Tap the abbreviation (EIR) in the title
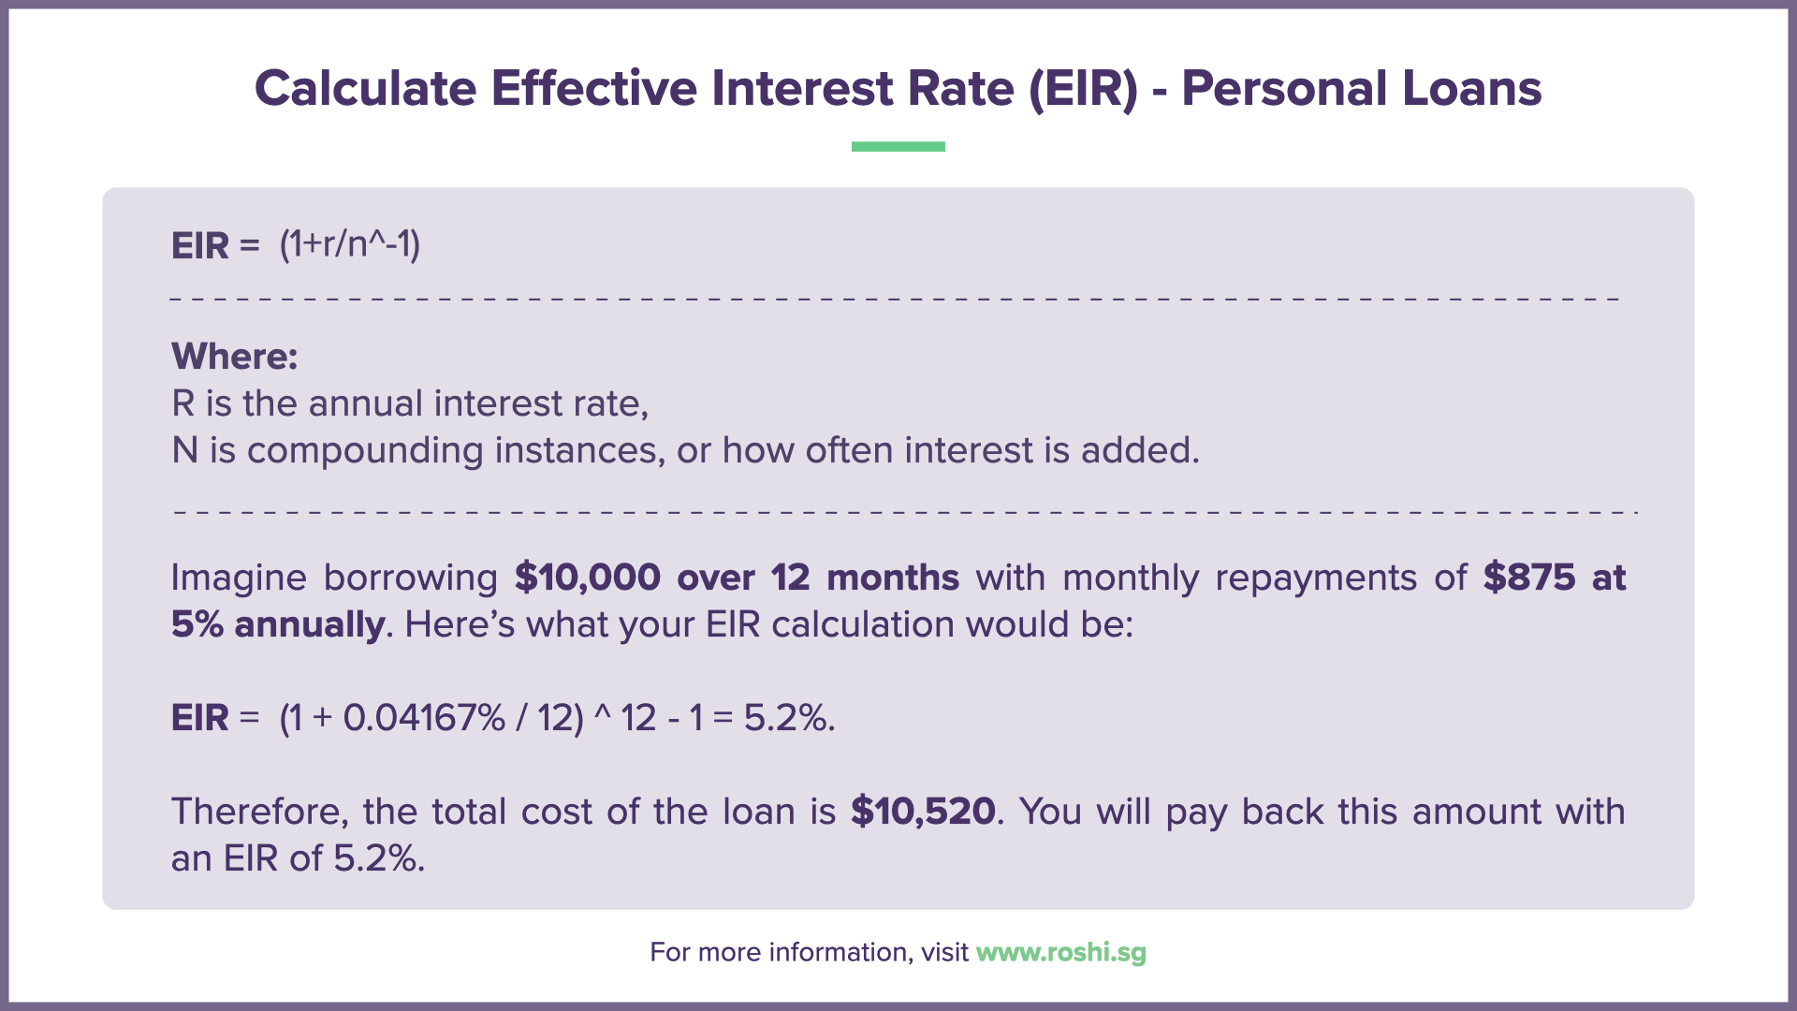pos(1083,89)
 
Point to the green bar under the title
pos(898,146)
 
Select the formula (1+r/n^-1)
pos(350,244)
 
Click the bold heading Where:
pos(235,357)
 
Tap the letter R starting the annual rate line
pos(183,403)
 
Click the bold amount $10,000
pos(588,578)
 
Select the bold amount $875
pos(1529,578)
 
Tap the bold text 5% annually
pos(278,624)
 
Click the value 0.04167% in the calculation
pos(424,718)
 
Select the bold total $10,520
pos(923,812)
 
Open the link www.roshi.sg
pos(1060,952)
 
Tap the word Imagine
pos(239,578)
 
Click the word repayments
pos(1316,578)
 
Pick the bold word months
pos(893,578)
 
